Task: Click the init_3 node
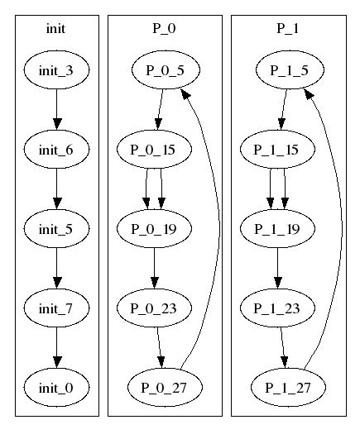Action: [56, 70]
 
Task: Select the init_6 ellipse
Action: [56, 149]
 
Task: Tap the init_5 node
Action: [56, 229]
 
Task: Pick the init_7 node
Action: [56, 308]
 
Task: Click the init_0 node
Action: [56, 388]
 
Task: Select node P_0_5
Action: [166, 70]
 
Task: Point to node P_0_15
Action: [154, 149]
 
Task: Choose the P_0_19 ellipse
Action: [154, 229]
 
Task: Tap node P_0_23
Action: [154, 308]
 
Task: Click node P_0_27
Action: [165, 388]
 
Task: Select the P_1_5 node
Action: [290, 70]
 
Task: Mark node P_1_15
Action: [277, 149]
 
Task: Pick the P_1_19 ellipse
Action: [277, 229]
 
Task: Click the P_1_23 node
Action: [277, 308]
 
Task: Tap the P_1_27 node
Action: [288, 388]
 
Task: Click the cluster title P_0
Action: [164, 28]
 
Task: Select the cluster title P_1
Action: [288, 28]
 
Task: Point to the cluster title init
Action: [55, 29]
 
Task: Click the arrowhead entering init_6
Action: [57, 124]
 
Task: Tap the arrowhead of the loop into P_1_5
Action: [309, 94]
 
